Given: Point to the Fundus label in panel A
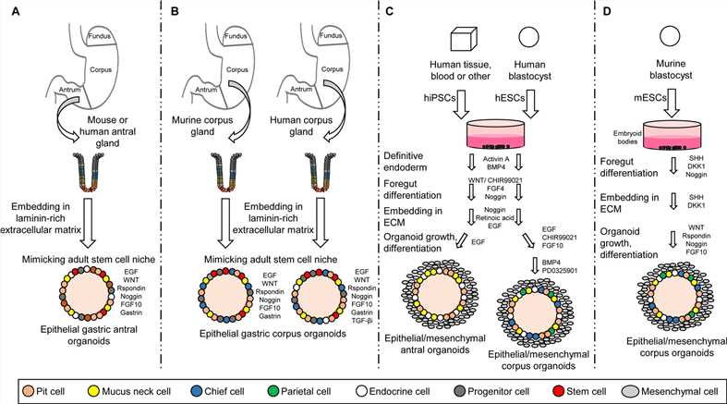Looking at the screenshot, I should click(x=102, y=35).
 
